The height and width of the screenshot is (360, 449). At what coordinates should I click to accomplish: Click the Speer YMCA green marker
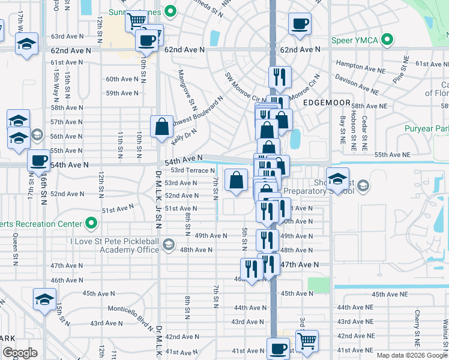[x=387, y=41]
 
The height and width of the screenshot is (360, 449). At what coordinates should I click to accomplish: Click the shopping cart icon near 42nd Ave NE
[x=307, y=341]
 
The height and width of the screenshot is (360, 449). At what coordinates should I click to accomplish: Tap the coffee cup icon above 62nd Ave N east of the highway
[x=300, y=25]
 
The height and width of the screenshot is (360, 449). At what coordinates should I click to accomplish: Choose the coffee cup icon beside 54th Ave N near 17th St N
[x=39, y=160]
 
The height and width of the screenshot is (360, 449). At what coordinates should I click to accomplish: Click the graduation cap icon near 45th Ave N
[x=44, y=299]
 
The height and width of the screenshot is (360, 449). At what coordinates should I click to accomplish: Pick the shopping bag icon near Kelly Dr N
[x=161, y=127]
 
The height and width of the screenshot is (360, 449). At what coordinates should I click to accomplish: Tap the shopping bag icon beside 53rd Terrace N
[x=237, y=179]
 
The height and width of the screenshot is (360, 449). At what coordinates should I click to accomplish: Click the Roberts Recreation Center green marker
[x=91, y=224]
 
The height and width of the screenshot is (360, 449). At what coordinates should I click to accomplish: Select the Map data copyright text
[x=411, y=355]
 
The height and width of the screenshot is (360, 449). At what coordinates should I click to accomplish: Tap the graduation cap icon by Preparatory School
[x=338, y=178]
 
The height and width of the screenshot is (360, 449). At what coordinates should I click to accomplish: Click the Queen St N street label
[x=16, y=247]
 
